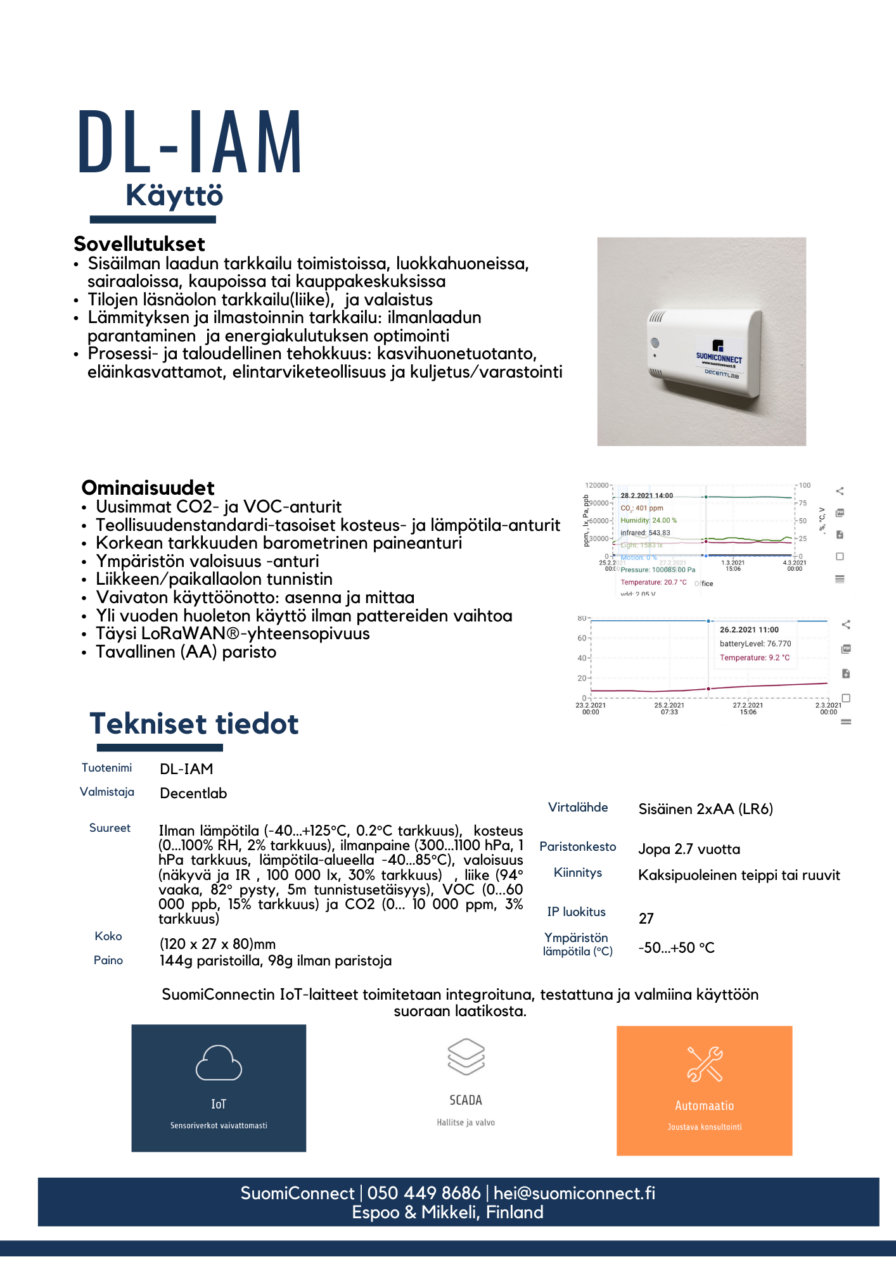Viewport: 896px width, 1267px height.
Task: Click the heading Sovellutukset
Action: tap(139, 244)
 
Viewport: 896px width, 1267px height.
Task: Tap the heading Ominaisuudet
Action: tap(148, 488)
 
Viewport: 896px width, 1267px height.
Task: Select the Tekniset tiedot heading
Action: tap(194, 723)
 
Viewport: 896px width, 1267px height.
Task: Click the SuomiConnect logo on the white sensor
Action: tap(719, 352)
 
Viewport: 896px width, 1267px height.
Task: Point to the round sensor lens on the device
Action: tap(655, 343)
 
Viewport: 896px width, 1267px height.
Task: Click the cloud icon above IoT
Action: tap(219, 1062)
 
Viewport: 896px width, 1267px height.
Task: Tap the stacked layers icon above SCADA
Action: tap(466, 1057)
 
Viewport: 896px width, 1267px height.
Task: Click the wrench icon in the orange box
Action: tap(705, 1064)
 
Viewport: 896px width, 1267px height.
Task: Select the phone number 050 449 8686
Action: tap(424, 1193)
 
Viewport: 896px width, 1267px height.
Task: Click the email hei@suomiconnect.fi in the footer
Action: tap(574, 1193)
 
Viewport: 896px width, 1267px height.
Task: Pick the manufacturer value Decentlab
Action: tap(193, 793)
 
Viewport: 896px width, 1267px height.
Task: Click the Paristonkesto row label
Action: tap(578, 846)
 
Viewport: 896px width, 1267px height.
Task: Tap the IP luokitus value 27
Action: tap(646, 919)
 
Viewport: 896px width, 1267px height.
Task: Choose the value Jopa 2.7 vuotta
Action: tap(689, 849)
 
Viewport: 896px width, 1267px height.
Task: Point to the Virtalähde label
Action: tap(578, 807)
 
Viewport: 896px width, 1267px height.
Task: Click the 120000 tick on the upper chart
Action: tap(597, 485)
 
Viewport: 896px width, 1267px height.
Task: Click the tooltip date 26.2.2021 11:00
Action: tap(749, 630)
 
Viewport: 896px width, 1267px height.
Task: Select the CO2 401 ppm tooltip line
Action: tap(642, 508)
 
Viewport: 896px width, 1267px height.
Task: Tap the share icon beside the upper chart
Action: tap(840, 491)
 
